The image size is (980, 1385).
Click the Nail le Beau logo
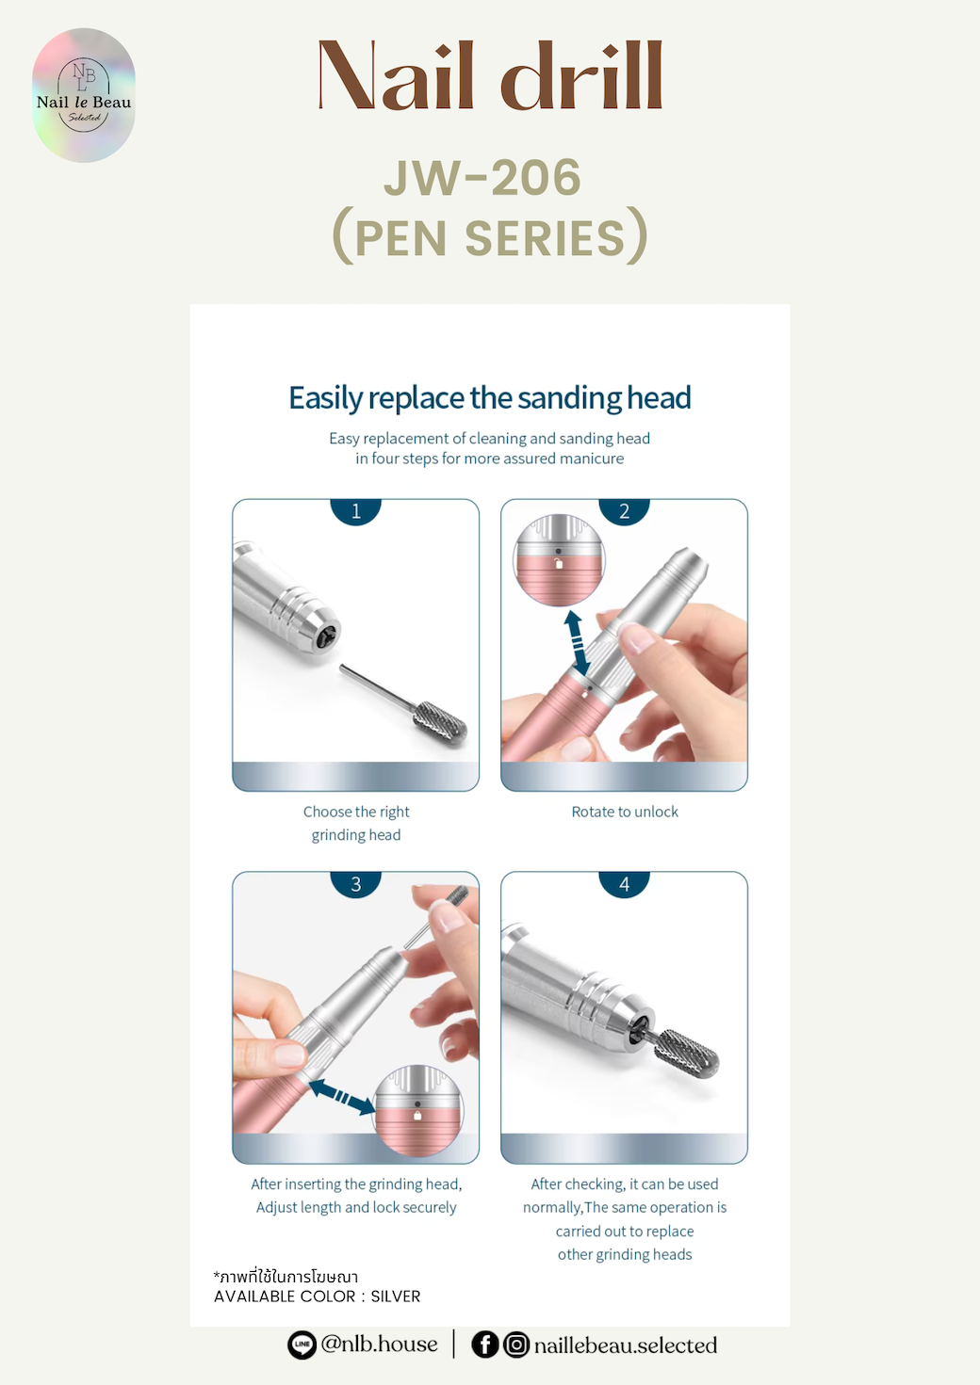(x=84, y=95)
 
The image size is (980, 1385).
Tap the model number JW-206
(x=482, y=177)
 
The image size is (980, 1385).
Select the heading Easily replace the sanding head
(x=489, y=397)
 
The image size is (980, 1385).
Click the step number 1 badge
(x=356, y=510)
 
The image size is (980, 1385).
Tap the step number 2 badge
(x=624, y=510)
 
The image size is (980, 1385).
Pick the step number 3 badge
(x=356, y=883)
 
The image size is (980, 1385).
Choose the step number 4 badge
(x=624, y=883)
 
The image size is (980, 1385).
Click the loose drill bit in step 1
(x=404, y=704)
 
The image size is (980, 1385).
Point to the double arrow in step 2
(x=577, y=644)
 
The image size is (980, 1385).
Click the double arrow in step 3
(x=341, y=1097)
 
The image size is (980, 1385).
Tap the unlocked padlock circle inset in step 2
(x=560, y=560)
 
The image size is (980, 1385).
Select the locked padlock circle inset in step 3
(x=418, y=1110)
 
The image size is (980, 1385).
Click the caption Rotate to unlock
(x=624, y=812)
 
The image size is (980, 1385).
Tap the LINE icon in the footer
(x=302, y=1345)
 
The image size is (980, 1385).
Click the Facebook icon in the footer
(x=485, y=1345)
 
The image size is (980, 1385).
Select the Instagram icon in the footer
(x=516, y=1345)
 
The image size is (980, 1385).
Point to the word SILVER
(x=396, y=1296)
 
